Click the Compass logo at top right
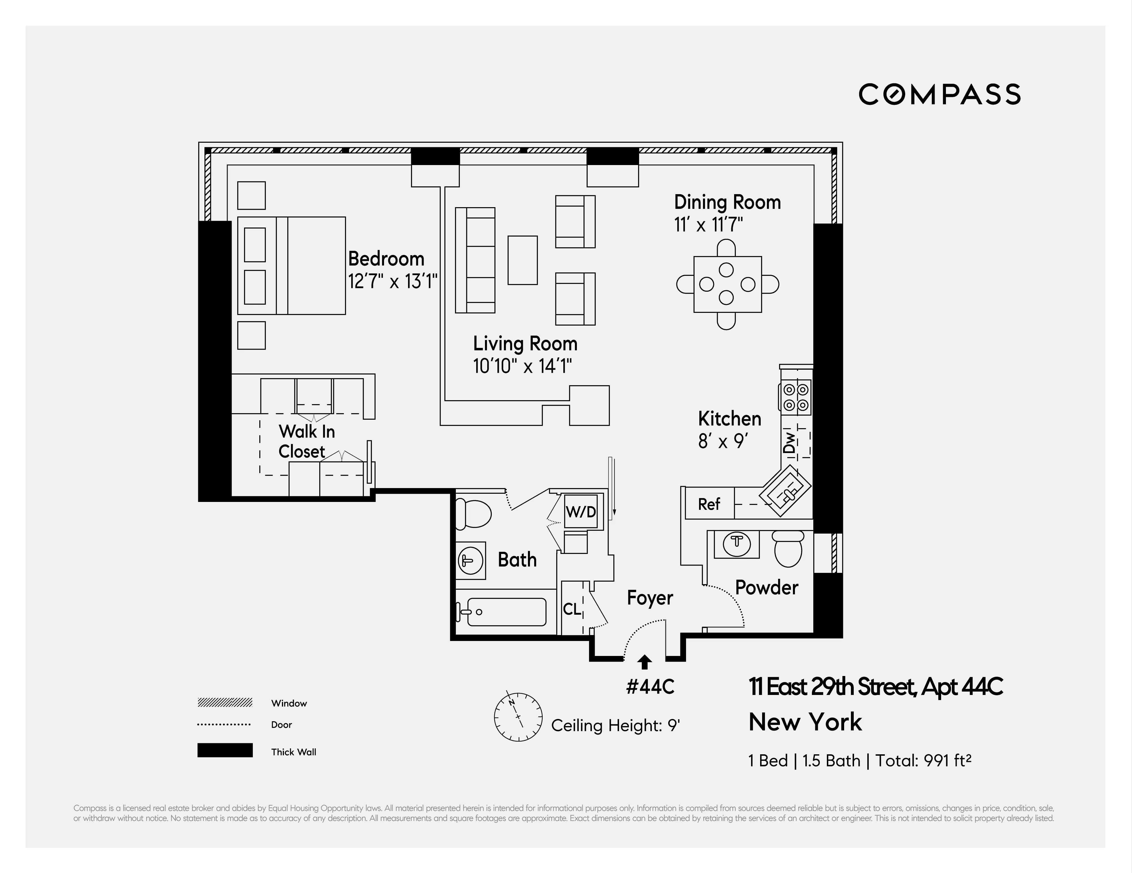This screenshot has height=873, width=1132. click(939, 94)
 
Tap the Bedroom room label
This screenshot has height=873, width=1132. click(386, 259)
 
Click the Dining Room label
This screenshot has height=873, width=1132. click(727, 202)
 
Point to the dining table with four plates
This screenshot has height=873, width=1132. click(727, 284)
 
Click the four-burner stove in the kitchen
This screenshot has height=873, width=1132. click(795, 397)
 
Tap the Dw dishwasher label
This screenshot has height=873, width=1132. click(789, 443)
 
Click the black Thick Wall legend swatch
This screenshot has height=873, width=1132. click(225, 750)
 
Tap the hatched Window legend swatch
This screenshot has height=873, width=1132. click(225, 703)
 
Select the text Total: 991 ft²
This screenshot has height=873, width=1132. click(923, 761)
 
